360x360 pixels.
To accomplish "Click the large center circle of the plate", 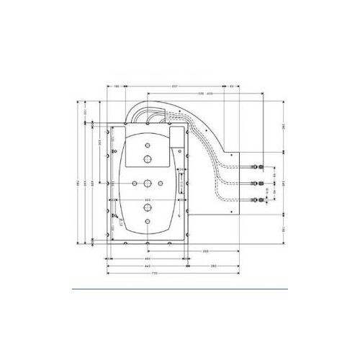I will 147,183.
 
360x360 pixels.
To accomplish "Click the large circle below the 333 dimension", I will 147,208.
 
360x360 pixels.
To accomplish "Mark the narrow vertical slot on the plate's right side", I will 181,183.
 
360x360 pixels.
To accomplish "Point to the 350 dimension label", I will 205,251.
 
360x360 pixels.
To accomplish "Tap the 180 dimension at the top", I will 117,86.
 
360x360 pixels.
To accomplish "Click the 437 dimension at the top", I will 175,86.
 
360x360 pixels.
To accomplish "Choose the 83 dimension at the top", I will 231,86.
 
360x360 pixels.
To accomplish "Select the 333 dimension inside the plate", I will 147,199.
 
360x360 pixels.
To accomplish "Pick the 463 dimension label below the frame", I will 147,258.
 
